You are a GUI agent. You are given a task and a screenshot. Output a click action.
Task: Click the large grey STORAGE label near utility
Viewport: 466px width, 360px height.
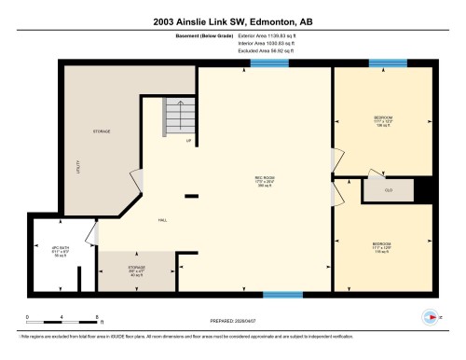pos(102,132)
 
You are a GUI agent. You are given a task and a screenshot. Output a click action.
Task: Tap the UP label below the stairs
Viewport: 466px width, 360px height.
pos(188,141)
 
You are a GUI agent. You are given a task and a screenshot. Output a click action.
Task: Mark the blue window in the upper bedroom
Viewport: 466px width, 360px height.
pos(388,63)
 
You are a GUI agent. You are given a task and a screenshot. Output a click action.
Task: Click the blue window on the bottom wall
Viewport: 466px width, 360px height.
pos(281,295)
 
